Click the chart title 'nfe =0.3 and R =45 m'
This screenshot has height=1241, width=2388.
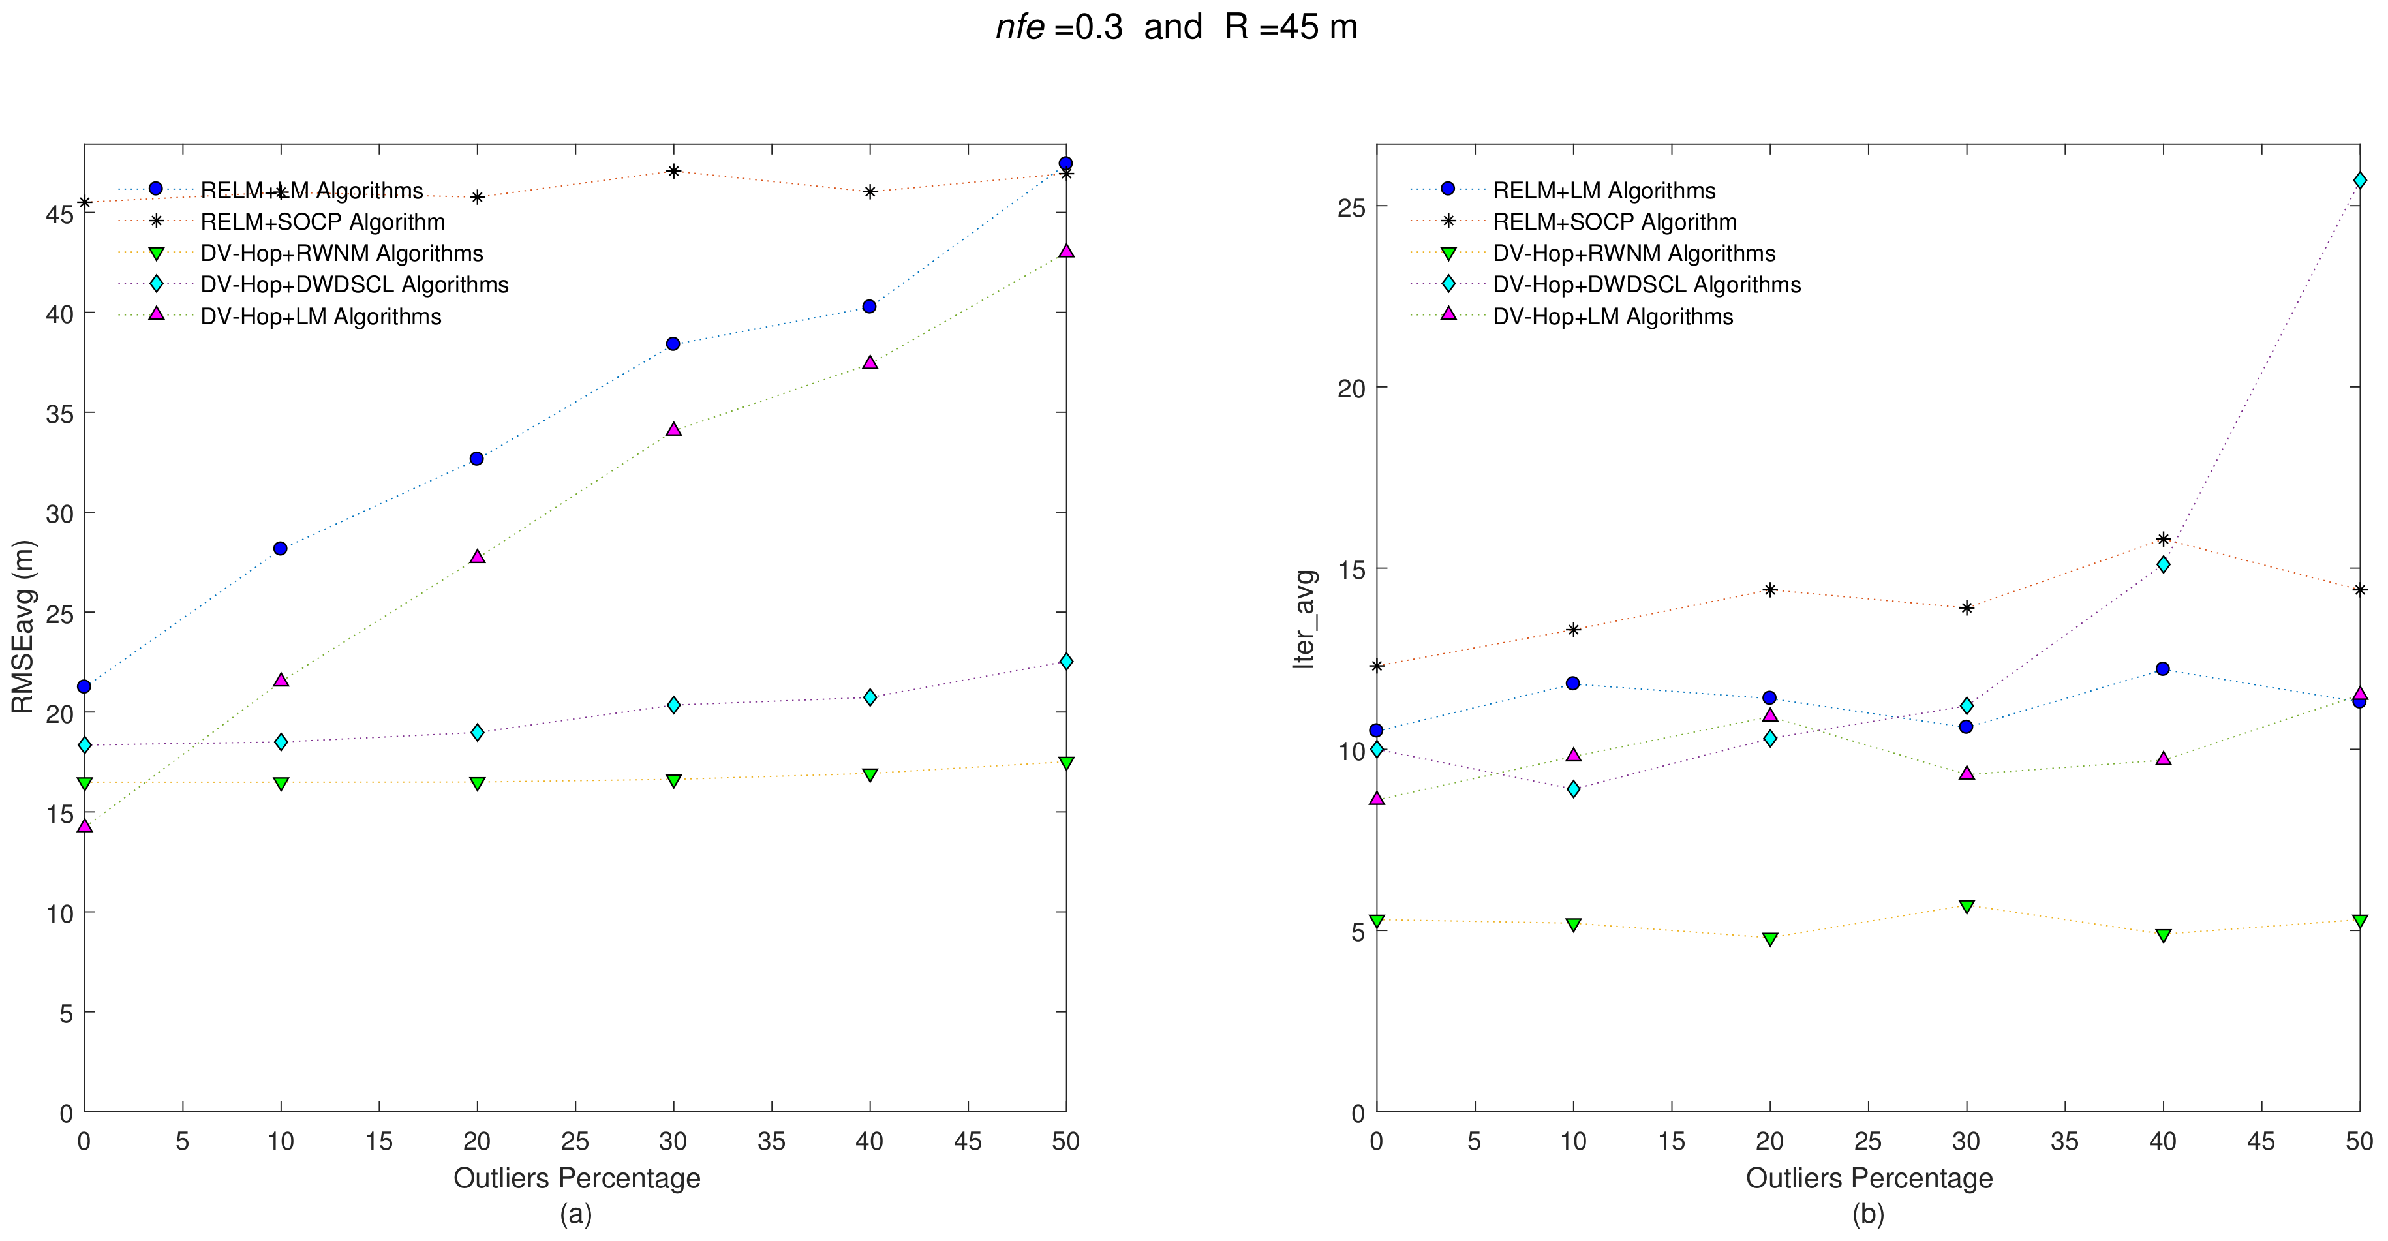(1176, 27)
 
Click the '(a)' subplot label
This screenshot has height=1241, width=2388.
(575, 1213)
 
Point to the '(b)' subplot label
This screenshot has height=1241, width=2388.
(1868, 1213)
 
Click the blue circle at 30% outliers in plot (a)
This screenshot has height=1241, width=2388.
(673, 344)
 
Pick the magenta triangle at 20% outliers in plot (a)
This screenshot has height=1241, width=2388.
(478, 556)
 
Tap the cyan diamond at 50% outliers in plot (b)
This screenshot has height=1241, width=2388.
(2359, 181)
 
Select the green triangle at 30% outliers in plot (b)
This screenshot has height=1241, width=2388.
(1967, 906)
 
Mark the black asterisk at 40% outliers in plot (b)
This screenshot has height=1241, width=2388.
(2163, 540)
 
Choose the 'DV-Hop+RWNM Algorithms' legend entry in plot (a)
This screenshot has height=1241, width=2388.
(341, 253)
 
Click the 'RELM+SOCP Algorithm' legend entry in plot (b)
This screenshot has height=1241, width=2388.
(1614, 221)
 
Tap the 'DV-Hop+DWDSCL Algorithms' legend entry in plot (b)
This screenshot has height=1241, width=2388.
(1646, 284)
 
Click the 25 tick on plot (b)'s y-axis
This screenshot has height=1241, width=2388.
(1352, 207)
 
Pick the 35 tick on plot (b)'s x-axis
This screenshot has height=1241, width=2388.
(2064, 1141)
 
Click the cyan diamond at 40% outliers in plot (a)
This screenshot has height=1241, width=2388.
(870, 697)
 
